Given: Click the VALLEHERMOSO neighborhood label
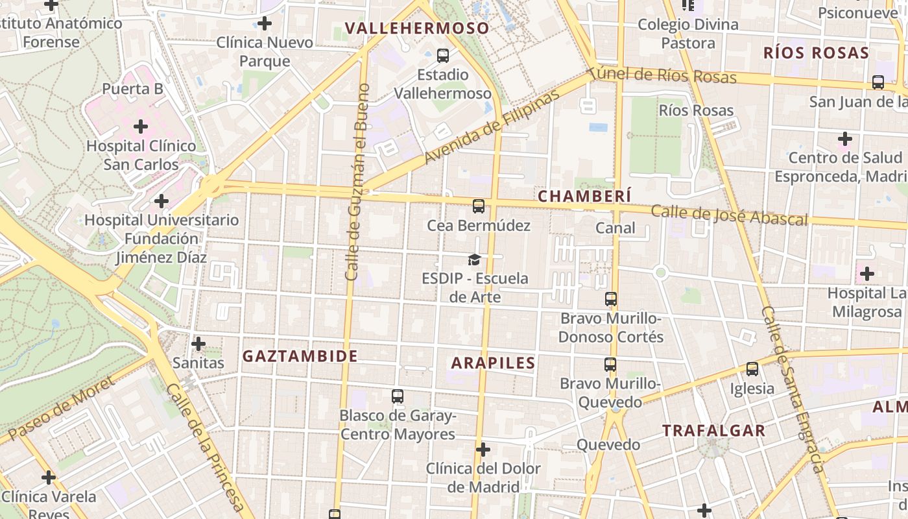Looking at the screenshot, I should [417, 29].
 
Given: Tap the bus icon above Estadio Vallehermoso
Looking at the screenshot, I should [443, 56].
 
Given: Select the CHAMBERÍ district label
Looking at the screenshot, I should [584, 196].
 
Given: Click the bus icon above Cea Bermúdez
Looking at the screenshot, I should [479, 206].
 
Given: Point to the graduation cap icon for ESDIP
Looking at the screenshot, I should [475, 259].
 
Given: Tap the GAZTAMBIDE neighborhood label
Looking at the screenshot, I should [300, 356].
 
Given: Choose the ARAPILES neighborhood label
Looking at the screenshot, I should [493, 363].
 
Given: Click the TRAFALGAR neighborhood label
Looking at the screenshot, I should [713, 431].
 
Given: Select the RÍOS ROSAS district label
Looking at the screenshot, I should [816, 53].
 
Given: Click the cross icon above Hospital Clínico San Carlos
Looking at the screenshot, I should [141, 127].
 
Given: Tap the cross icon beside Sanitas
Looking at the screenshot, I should [198, 343].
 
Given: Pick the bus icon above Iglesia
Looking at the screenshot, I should [752, 369].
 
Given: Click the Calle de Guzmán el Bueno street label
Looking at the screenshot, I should [357, 182].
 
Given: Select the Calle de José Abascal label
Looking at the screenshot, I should [729, 215].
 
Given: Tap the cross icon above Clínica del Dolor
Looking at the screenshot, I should [483, 449].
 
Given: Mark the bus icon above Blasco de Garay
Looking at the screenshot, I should [398, 396].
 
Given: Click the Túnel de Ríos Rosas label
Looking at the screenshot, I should [663, 75].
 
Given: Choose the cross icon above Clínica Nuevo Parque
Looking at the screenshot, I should [265, 24].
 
